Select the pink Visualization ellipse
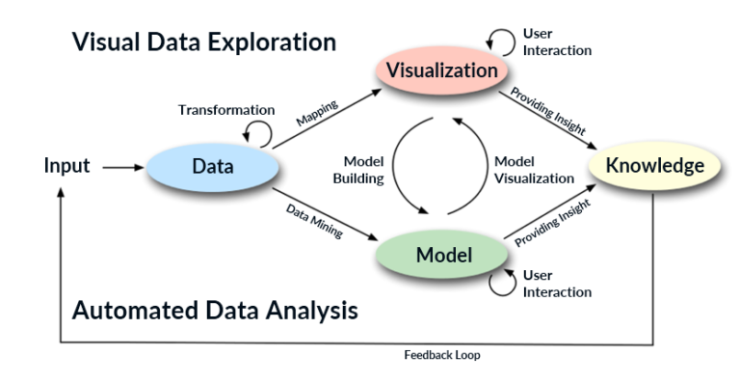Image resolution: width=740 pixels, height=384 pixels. pyautogui.click(x=442, y=70)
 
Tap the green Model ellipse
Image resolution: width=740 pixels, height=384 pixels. pyautogui.click(x=442, y=256)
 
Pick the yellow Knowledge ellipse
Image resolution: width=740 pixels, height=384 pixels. pyautogui.click(x=654, y=166)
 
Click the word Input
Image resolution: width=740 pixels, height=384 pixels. pyautogui.click(x=66, y=166)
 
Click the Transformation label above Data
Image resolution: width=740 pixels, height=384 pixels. pyautogui.click(x=226, y=110)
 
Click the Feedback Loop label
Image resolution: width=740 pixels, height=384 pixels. pyautogui.click(x=441, y=354)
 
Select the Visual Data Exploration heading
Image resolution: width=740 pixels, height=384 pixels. pyautogui.click(x=203, y=42)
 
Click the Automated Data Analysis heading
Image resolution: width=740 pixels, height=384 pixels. pyautogui.click(x=215, y=311)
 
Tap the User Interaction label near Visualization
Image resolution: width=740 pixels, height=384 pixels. pyautogui.click(x=556, y=42)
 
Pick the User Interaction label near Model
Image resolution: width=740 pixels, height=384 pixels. pyautogui.click(x=556, y=283)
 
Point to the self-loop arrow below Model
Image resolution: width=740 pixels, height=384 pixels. pyautogui.click(x=500, y=282)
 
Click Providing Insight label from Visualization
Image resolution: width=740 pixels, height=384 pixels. pyautogui.click(x=548, y=114)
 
